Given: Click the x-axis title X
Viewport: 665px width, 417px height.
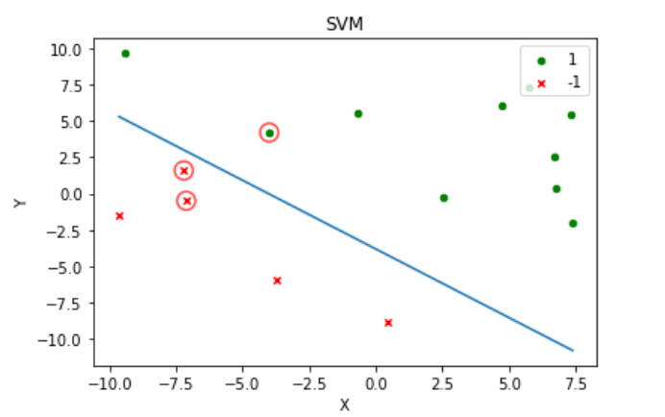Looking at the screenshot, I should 344,405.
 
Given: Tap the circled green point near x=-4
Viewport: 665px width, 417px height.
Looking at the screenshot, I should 269,133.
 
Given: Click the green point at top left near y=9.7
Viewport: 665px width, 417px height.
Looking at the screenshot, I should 125,54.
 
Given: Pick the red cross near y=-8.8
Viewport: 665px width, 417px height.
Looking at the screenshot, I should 388,323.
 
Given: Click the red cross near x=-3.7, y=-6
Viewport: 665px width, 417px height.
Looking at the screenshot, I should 277,281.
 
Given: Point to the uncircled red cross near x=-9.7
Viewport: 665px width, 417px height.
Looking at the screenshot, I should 119,216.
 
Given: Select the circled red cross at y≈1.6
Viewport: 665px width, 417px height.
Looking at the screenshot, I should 184,171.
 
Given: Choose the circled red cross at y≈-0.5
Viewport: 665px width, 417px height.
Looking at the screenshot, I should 186,201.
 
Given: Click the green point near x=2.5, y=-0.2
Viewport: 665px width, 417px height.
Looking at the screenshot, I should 443,198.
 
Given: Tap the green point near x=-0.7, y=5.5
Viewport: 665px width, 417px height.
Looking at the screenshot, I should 358,113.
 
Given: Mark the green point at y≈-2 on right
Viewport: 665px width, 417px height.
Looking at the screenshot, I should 573,223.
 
